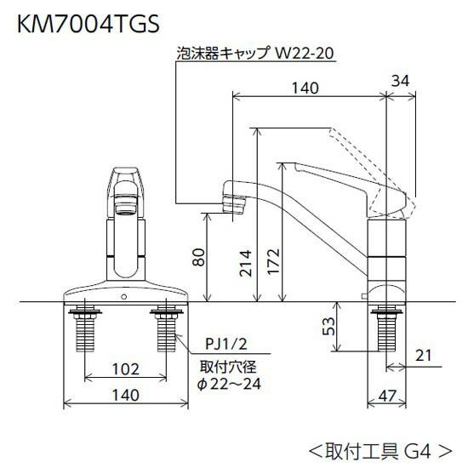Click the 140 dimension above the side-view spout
(305, 88)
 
